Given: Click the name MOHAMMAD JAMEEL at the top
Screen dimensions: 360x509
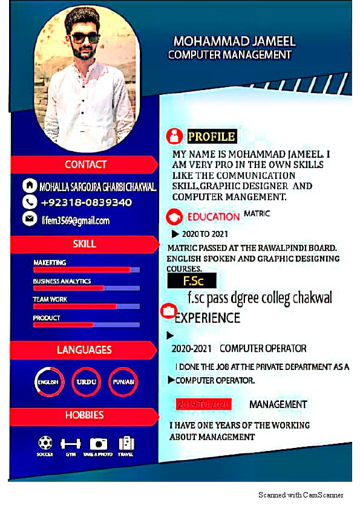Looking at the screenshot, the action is point(234,42).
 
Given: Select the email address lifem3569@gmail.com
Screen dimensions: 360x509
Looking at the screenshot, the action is point(75,221).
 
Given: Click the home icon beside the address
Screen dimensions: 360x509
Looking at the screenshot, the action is point(29,184).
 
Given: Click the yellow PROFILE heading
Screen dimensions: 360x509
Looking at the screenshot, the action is point(211,136).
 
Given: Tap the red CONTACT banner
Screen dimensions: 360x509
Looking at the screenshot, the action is point(85,164).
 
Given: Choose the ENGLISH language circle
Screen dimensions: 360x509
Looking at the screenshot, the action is point(48,381).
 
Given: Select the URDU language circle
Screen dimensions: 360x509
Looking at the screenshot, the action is point(85,381).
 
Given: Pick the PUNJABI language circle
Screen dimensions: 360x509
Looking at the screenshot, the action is point(123,381).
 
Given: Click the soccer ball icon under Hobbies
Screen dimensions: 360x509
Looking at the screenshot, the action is point(45,443).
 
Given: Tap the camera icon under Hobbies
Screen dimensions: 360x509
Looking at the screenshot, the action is point(98,444).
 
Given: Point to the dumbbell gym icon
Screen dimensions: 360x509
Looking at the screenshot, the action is point(71,444).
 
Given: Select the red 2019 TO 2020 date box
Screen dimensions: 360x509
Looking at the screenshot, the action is point(203,404).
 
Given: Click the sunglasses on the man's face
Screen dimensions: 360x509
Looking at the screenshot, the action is point(84,38).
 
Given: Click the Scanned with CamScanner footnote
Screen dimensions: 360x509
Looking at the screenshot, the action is point(301,495).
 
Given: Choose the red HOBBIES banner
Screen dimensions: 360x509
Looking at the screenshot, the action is point(84,415).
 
